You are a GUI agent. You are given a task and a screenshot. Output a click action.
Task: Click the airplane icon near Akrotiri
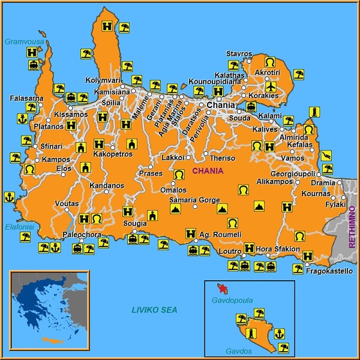pyautogui.click(x=271, y=86)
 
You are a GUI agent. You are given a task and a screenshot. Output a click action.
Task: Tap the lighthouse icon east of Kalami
pyautogui.click(x=312, y=112)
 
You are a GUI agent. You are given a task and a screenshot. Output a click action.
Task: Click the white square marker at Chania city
pyautogui.click(x=220, y=99)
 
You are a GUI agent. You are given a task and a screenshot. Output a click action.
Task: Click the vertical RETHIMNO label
pyautogui.click(x=352, y=227)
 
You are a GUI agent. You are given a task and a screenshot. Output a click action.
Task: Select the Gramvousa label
pyautogui.click(x=20, y=41)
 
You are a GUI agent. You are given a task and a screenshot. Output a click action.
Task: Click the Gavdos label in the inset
pyautogui.click(x=237, y=350)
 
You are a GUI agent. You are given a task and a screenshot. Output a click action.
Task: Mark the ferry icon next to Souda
pyautogui.click(x=251, y=107)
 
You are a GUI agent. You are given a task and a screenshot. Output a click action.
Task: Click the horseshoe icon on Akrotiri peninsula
pyautogui.click(x=270, y=62)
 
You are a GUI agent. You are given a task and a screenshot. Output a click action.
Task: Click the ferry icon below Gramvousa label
pyautogui.click(x=34, y=65)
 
